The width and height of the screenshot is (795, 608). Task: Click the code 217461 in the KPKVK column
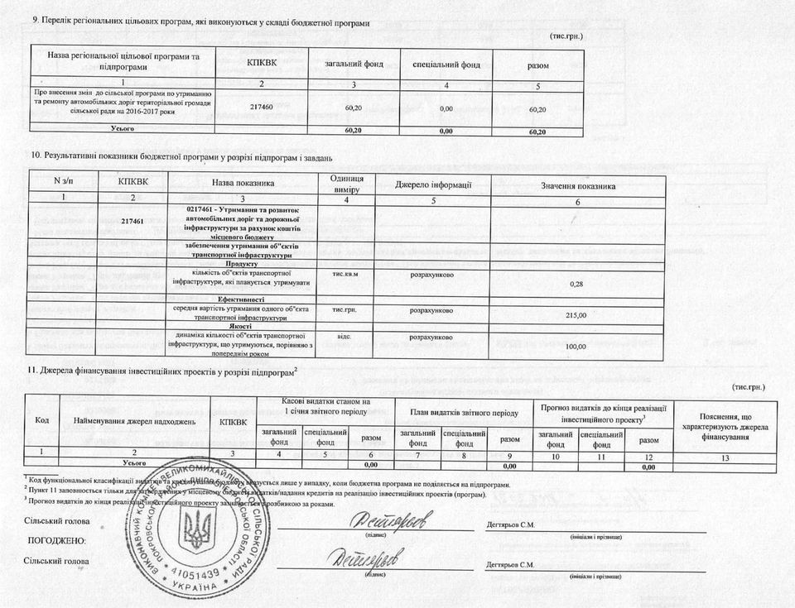tap(132, 221)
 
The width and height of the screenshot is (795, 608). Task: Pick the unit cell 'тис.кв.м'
tap(344, 274)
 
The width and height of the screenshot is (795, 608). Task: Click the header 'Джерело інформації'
tap(433, 183)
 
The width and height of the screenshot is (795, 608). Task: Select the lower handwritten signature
tap(370, 558)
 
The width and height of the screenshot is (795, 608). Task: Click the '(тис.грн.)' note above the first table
tap(566, 36)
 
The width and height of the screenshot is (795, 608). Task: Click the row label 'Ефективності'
tap(241, 299)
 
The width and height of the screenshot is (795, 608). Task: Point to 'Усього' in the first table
tap(124, 129)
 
